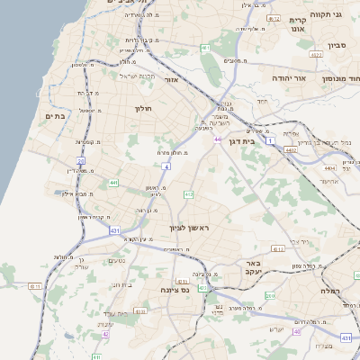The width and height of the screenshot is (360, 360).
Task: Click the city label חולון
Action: pos(143,109)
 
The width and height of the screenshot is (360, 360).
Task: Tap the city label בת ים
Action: pos(56,115)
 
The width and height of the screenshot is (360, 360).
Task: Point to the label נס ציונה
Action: pos(174,290)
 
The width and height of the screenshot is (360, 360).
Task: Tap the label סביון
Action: pos(337,44)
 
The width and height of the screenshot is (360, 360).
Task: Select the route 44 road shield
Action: pos(218,139)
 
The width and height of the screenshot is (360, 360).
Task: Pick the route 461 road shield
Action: pos(271,18)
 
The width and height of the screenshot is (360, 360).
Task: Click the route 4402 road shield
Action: pos(291,150)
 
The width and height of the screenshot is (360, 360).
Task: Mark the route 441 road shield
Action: pos(114,183)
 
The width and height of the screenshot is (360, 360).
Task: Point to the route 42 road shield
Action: pos(105,334)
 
